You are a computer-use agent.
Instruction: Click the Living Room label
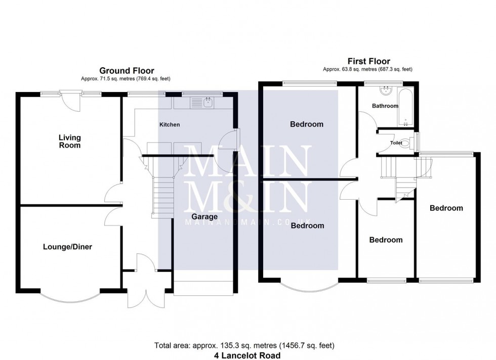[69, 142]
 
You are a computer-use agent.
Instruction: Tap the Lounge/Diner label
[67, 247]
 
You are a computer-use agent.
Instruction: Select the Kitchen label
[170, 124]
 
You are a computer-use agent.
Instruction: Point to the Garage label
[204, 217]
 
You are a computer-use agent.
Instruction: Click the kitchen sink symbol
[208, 103]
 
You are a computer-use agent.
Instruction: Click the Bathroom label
[385, 106]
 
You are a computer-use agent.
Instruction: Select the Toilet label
[396, 143]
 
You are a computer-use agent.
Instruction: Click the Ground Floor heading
[127, 71]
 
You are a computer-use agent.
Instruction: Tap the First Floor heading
[369, 62]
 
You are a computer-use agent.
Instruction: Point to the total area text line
[244, 346]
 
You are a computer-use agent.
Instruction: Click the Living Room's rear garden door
[69, 99]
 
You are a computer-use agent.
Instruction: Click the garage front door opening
[204, 287]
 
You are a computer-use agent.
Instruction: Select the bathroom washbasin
[386, 91]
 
